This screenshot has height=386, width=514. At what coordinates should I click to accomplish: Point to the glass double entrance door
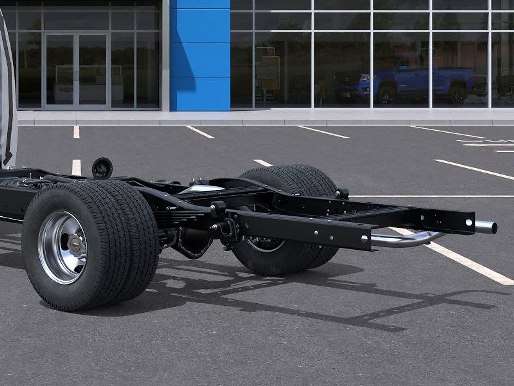click(x=76, y=71)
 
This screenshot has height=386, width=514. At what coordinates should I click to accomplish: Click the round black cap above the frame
click(x=102, y=168)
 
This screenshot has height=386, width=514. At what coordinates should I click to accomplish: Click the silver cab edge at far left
click(x=7, y=96)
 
